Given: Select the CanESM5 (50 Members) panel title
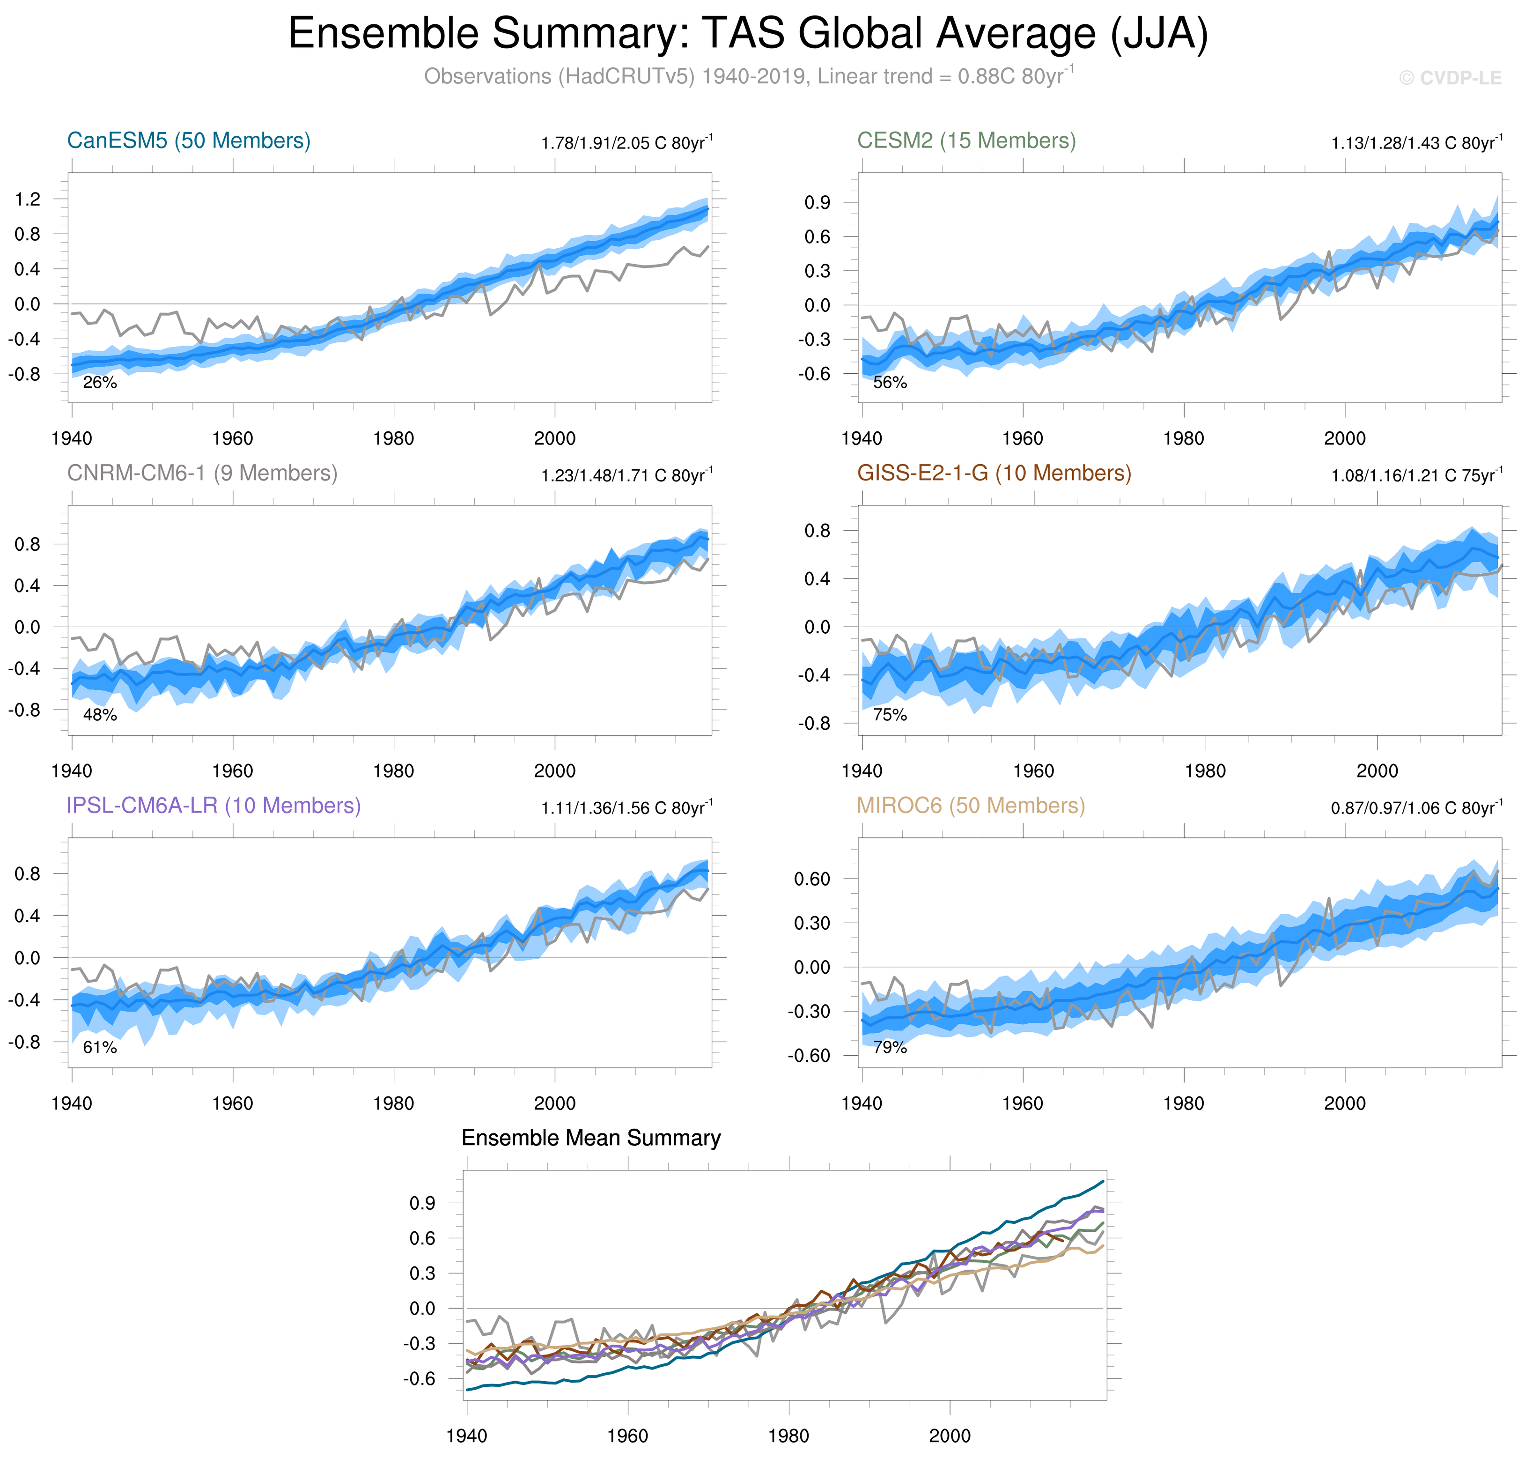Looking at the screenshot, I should (189, 141).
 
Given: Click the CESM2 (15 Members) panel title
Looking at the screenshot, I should (965, 141).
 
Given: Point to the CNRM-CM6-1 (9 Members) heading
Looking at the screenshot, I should (202, 474).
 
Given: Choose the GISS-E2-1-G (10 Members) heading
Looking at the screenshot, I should (994, 474).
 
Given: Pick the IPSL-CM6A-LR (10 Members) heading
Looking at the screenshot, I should (214, 806).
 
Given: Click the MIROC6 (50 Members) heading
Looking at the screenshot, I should (970, 806).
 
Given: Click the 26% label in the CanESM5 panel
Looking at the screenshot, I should (99, 382).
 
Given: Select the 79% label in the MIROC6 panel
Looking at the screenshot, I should (890, 1048).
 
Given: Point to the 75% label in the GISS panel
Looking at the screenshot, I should (890, 715).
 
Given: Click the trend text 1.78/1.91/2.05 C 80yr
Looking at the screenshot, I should (626, 143).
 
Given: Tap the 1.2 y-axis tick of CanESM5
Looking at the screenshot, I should (28, 200).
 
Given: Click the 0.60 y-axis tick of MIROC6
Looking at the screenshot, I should (812, 879).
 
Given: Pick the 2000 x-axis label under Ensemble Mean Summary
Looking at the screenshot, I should (950, 1436).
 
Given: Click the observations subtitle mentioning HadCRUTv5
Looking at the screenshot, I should (749, 76).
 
